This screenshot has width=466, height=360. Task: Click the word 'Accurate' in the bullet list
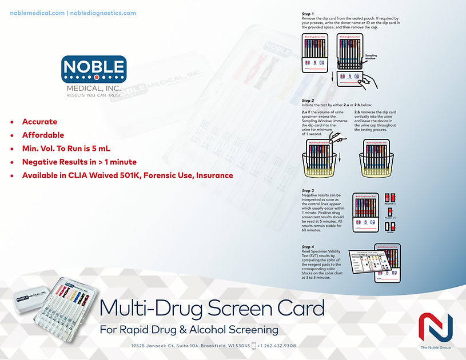[39, 122]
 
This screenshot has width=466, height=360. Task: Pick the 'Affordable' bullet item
[43, 135]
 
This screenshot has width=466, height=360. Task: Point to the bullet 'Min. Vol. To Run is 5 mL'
[66, 148]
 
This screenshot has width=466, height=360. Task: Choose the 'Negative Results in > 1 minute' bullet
[79, 162]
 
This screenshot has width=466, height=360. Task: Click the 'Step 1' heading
[308, 14]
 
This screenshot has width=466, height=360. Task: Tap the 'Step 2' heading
[308, 100]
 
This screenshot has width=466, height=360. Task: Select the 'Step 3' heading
[308, 190]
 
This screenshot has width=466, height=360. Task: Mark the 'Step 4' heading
[308, 246]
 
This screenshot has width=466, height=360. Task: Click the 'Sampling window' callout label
[371, 57]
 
